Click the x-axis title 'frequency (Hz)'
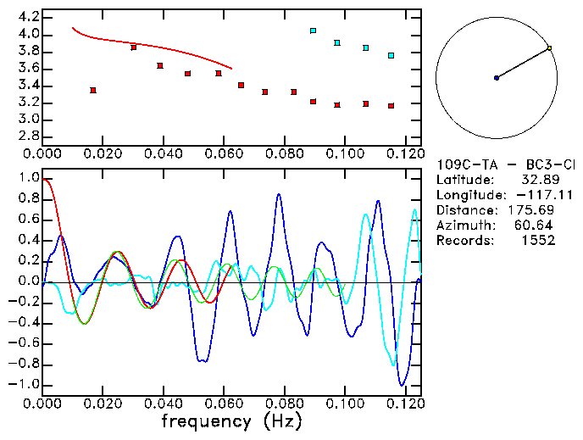230,421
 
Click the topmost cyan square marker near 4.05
313,31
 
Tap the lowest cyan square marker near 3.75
391,56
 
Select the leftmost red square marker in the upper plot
93,90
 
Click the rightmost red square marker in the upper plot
391,106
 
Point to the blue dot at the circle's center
497,78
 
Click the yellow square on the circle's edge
549,48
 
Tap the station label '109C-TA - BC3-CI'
505,164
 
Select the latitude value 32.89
539,180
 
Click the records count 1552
539,241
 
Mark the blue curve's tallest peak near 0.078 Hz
278,195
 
